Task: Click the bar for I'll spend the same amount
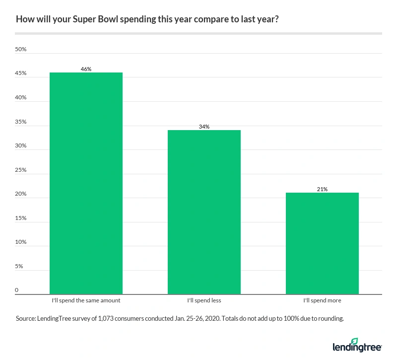[86, 183]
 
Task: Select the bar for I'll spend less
[204, 212]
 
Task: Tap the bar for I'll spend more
[322, 243]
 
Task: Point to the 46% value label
[86, 69]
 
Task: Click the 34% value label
[204, 127]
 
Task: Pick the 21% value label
[322, 189]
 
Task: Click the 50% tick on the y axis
[20, 50]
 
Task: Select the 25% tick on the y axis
[20, 170]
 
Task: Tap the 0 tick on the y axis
[16, 290]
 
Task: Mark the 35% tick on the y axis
[20, 122]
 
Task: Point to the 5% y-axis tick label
[19, 267]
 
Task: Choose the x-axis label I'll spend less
[204, 300]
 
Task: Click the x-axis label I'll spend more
[322, 300]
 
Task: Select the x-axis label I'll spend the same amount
[86, 300]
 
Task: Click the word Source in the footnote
[25, 319]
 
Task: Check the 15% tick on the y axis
[20, 218]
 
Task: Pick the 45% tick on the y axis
[20, 74]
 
